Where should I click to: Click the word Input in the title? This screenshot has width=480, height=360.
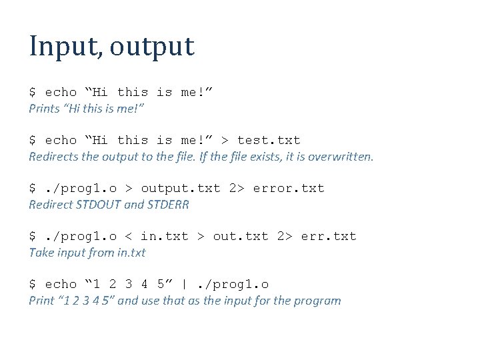[64, 47]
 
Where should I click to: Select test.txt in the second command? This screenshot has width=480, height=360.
[269, 140]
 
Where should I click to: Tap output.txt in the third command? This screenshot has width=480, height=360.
[181, 188]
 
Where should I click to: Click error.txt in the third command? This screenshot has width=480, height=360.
[289, 188]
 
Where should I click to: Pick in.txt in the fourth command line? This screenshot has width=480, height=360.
[164, 236]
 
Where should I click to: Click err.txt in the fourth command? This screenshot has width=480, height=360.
[329, 236]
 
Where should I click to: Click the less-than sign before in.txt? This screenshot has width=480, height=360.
[128, 236]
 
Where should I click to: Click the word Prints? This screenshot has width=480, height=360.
[43, 108]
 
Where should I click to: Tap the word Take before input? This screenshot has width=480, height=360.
[40, 253]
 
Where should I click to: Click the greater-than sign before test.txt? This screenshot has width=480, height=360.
[225, 140]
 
